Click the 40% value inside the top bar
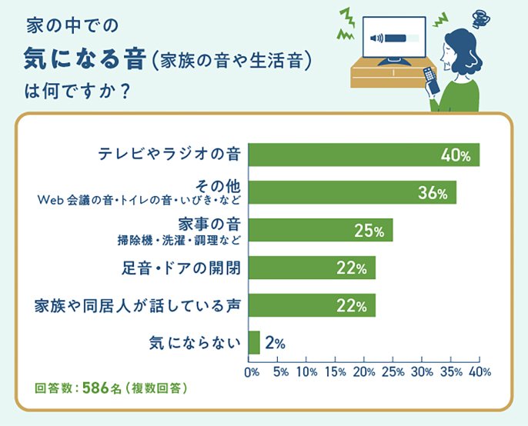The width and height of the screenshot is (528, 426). (456, 155)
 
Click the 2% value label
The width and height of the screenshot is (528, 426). (275, 344)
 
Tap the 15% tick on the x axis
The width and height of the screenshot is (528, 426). (336, 372)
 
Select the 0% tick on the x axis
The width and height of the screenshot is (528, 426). (252, 372)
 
